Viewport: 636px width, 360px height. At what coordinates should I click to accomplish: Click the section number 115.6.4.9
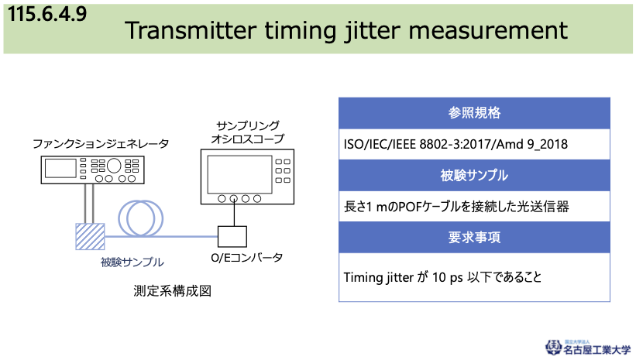point(47,14)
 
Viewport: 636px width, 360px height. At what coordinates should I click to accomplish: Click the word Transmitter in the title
point(191,30)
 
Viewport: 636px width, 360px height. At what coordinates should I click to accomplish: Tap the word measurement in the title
point(488,31)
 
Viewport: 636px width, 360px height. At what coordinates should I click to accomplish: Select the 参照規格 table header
point(474,113)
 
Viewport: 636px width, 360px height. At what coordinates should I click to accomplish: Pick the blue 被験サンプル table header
point(474,176)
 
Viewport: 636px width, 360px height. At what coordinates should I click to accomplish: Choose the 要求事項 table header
point(474,238)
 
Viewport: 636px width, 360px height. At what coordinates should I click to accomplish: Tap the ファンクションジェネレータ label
point(101,144)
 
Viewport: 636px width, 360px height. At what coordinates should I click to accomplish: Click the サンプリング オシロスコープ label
point(247,132)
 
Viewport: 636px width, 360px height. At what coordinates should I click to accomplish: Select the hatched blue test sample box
point(90,236)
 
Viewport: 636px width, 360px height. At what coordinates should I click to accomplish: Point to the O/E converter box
point(232,237)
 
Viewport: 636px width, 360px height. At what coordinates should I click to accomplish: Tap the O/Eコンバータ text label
point(246,258)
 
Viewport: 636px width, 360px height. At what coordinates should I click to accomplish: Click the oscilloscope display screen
point(239,174)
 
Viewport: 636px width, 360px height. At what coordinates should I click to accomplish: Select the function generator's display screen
point(60,168)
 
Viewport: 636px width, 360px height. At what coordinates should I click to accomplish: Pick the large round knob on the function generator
point(114,166)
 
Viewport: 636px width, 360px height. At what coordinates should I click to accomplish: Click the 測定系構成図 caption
point(173,291)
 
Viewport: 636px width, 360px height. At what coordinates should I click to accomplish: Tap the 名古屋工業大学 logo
point(587,348)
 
